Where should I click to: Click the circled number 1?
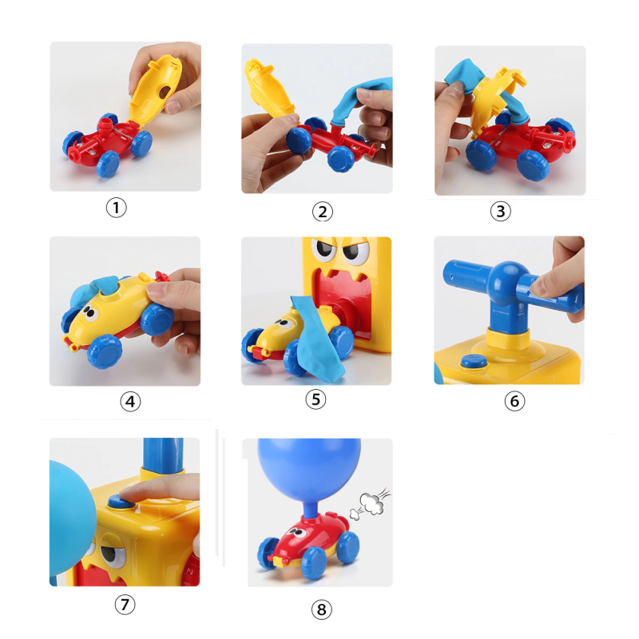(x=116, y=208)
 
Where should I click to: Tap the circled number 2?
(x=323, y=212)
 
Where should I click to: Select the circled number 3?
(x=501, y=211)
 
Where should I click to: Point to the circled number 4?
(x=130, y=402)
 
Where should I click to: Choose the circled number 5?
(x=316, y=399)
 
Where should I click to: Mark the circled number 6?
(x=514, y=401)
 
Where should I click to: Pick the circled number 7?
(x=125, y=605)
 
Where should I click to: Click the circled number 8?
(x=322, y=609)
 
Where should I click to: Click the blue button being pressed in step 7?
(x=121, y=502)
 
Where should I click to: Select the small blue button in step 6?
(x=474, y=361)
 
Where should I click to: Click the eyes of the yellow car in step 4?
(x=90, y=314)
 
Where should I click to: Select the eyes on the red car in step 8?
(x=298, y=532)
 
